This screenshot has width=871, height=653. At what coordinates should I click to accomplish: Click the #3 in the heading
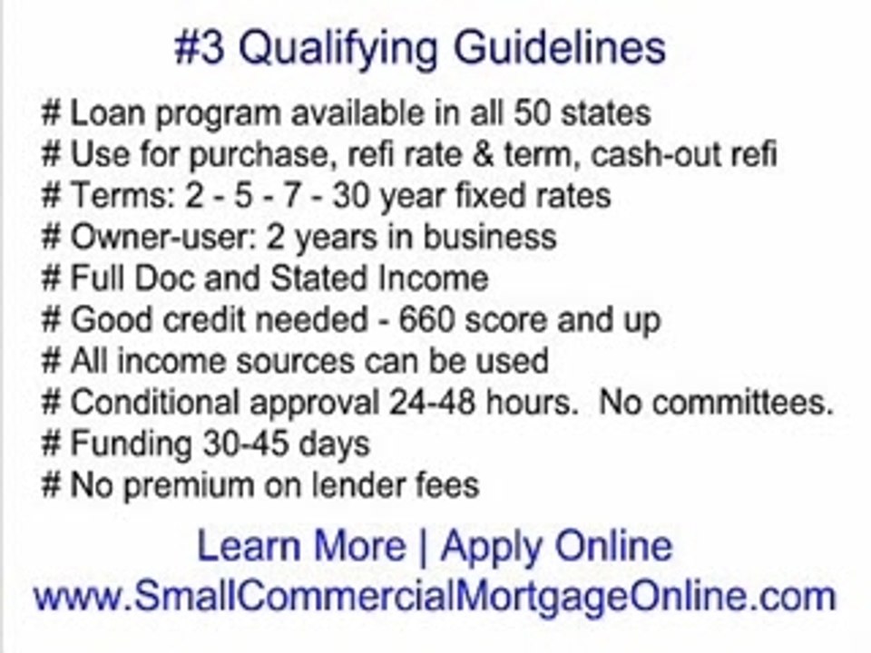(200, 48)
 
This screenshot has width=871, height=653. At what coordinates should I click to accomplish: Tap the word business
(488, 237)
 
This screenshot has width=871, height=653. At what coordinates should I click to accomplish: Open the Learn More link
(300, 547)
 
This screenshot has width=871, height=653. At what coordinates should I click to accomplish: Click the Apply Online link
(556, 547)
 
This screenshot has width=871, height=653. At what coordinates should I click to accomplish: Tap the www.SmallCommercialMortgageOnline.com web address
(435, 597)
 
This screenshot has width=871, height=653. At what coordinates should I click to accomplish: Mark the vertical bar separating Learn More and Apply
(422, 547)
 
